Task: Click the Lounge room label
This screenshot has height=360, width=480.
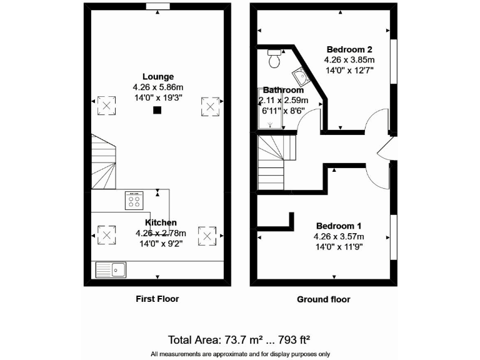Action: coord(157,77)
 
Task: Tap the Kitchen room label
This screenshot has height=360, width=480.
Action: coord(161,222)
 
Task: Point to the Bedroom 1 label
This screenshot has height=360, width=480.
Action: coord(338,226)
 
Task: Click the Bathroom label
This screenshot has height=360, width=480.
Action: coord(283,90)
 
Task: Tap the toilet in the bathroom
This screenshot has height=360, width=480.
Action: coord(274,58)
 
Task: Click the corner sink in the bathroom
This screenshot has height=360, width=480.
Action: coord(301,77)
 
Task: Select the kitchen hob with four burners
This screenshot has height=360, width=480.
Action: coord(134,200)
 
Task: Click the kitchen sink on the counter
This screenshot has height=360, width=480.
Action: coord(111,270)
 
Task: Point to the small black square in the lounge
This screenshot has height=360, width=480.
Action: coord(157,110)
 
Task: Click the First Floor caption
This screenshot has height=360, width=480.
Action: coord(157,299)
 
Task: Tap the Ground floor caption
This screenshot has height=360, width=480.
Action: coord(323,299)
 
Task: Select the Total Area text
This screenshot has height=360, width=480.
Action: coord(239,341)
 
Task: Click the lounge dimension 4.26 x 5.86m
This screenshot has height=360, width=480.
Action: coord(157,87)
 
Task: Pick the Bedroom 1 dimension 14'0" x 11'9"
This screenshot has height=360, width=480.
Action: coord(338,247)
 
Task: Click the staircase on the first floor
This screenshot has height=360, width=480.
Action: coord(104,164)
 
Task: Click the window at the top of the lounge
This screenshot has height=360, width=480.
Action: coord(157,6)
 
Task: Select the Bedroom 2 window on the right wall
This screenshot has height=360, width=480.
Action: coord(394,61)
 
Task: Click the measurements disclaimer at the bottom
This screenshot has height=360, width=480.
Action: coord(239,354)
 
